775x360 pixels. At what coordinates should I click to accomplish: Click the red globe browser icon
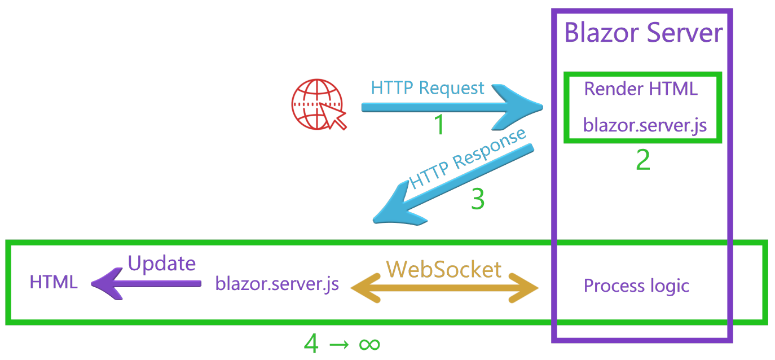click(x=318, y=104)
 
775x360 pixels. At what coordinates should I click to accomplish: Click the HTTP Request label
click(x=427, y=88)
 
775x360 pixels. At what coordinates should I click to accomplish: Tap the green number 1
click(x=439, y=125)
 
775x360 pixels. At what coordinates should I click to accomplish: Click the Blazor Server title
click(x=643, y=33)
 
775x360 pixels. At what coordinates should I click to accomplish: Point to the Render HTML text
click(x=640, y=89)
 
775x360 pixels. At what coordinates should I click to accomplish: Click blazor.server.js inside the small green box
click(x=645, y=125)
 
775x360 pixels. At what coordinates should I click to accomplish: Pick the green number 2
click(x=642, y=160)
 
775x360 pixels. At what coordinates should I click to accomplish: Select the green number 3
click(x=477, y=199)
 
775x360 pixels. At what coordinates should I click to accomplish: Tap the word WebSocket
click(x=443, y=269)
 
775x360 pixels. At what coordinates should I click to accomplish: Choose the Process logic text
click(x=636, y=286)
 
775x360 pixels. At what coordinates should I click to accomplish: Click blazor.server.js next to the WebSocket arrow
click(x=277, y=283)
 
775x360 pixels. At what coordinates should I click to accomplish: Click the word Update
click(x=162, y=264)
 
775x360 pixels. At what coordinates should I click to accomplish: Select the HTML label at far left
click(x=54, y=282)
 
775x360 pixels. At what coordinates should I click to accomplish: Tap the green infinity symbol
click(x=369, y=344)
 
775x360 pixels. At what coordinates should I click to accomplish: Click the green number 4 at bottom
click(x=311, y=343)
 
